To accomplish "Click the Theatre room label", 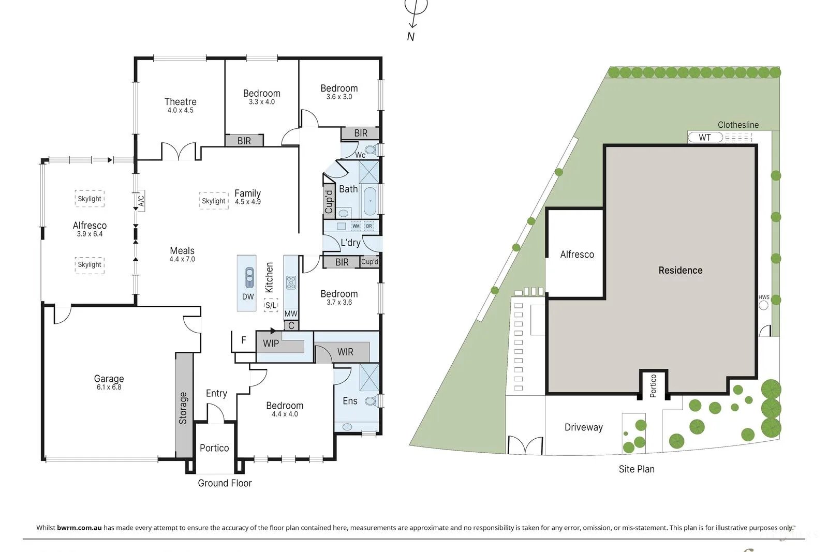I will point(180,102).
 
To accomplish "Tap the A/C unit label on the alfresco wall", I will point(141,200).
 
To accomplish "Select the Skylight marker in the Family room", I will point(214,201).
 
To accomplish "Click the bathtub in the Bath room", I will point(369,201).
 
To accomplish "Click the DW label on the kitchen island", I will point(248,296).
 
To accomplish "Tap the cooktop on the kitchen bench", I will point(291,282).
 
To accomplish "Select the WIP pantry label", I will point(271,344).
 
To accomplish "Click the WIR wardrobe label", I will point(345,352).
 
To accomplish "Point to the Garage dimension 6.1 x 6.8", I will point(109,387).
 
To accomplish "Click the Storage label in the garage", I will point(183,408).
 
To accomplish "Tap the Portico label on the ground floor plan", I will point(214,448).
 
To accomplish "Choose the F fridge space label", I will point(243,340).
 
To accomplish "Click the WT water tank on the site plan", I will point(705,138).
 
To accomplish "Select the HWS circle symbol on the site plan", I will point(763,305).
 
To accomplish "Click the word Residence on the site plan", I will point(680,270).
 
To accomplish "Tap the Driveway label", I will point(583,427).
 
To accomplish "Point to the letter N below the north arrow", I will point(410,36).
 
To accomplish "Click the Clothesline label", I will point(738,125).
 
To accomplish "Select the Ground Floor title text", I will point(225,483).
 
